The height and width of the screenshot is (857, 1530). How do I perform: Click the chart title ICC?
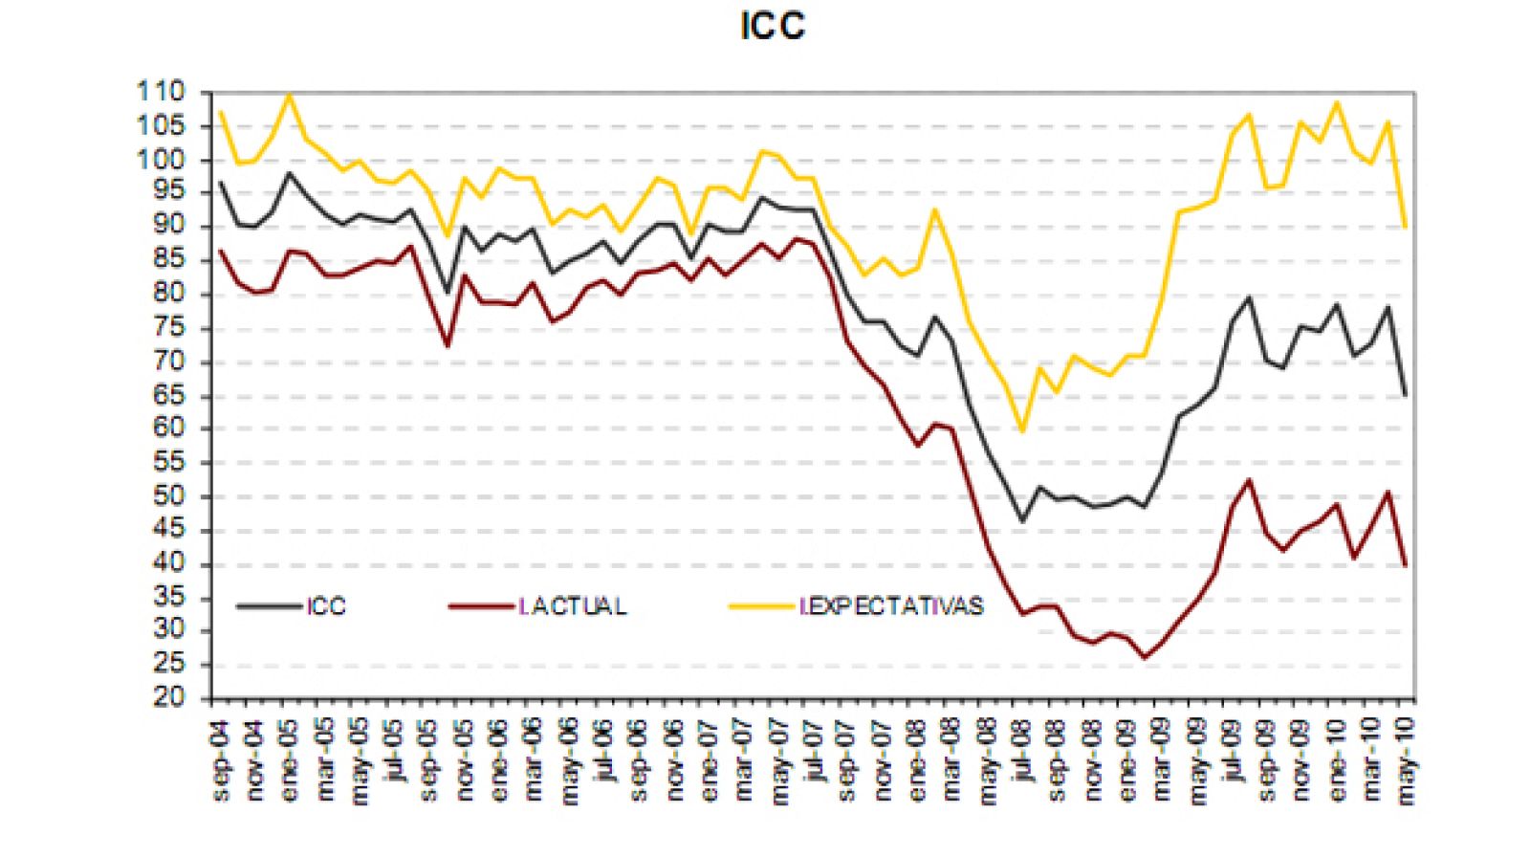(x=773, y=26)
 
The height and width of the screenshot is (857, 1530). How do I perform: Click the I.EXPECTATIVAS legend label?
(x=891, y=606)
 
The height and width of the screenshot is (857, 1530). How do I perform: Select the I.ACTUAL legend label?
(x=573, y=606)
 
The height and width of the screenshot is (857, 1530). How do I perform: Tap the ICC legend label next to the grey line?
(x=326, y=606)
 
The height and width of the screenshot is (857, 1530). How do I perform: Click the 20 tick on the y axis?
(x=168, y=698)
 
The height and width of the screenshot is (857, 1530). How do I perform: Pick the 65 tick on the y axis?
(x=168, y=396)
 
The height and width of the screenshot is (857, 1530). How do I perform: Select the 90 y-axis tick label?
(x=168, y=226)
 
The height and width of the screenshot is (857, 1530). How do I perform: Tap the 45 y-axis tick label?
(x=168, y=531)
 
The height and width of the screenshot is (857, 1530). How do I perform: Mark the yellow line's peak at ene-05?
(x=290, y=95)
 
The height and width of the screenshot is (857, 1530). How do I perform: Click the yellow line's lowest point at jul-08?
(x=1022, y=431)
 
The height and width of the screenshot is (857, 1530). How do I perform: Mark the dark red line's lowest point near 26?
(x=1145, y=658)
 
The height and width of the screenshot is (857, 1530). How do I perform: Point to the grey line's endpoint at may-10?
(x=1406, y=394)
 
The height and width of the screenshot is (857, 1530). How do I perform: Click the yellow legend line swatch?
(x=761, y=606)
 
